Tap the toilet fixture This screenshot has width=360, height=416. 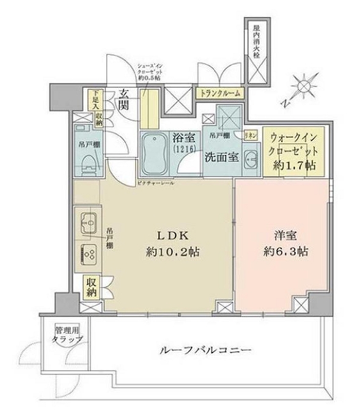(x=88, y=160)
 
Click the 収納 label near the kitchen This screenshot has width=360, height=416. (x=92, y=287)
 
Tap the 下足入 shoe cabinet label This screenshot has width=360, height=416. (x=95, y=99)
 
